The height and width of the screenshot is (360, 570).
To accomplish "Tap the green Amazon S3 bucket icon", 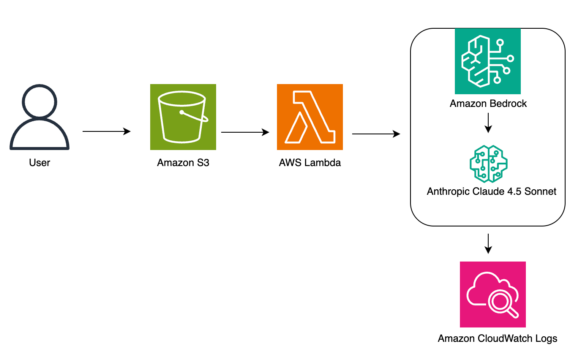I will [x=181, y=118].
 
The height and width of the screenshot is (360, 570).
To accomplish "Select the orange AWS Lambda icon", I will [x=311, y=118].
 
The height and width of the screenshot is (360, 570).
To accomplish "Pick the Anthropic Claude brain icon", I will [x=487, y=162].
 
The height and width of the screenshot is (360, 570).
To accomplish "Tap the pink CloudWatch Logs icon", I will [x=487, y=295].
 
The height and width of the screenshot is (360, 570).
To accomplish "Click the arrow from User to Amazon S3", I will [x=105, y=131].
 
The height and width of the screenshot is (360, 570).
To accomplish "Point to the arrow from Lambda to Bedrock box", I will [x=375, y=131].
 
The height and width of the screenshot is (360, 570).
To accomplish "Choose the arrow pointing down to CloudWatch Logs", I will [x=487, y=242].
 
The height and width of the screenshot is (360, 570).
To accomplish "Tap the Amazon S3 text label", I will [x=181, y=162].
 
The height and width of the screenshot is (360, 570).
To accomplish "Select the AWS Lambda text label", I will [x=311, y=162].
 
